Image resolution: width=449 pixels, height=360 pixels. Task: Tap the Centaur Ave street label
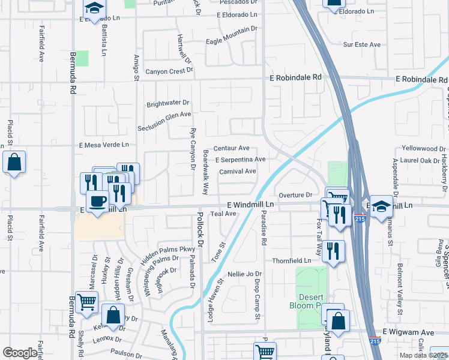(231, 148)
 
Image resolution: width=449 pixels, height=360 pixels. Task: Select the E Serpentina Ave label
(240, 160)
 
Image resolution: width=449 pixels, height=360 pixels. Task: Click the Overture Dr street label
(296, 195)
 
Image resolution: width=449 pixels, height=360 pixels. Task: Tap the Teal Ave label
(223, 214)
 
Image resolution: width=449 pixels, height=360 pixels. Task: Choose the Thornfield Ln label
(291, 260)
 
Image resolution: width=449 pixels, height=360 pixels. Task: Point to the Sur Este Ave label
(362, 44)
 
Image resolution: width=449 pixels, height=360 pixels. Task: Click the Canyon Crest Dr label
(165, 71)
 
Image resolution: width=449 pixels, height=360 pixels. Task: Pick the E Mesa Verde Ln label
(104, 145)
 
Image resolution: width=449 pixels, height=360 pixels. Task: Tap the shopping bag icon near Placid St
(14, 162)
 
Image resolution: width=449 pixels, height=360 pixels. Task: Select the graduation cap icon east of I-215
(381, 206)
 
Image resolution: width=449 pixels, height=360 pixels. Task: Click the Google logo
(20, 353)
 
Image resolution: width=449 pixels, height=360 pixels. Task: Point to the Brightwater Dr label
(168, 103)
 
